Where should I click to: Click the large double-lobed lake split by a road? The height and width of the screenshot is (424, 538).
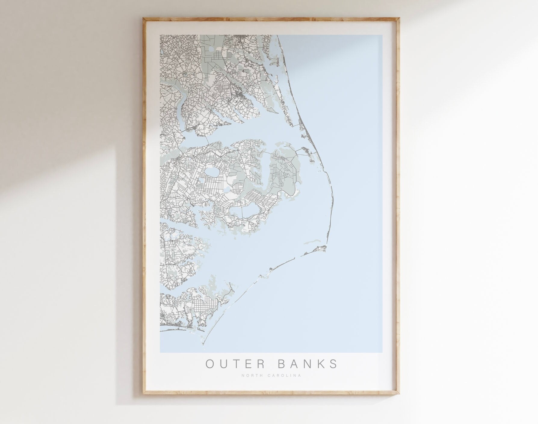tap(244, 211)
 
